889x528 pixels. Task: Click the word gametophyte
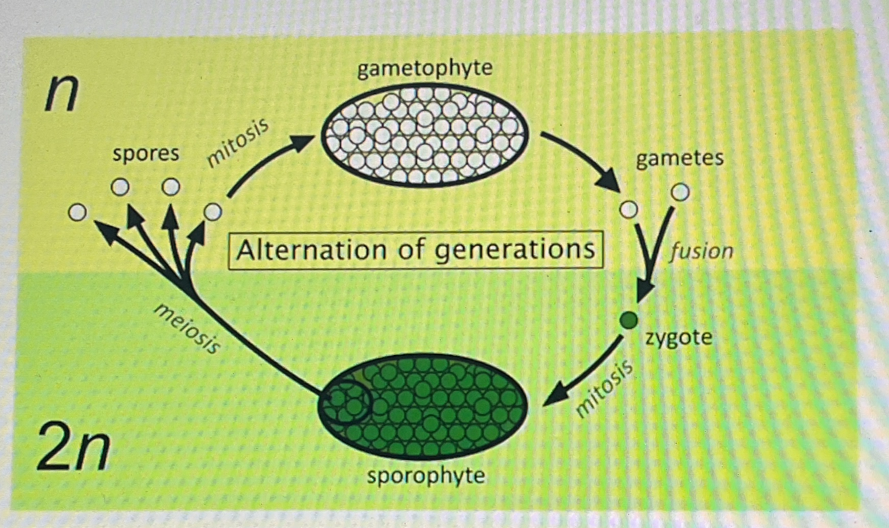point(425,69)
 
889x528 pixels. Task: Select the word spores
point(146,154)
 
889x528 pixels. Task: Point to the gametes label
point(679,158)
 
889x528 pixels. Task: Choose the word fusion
point(701,251)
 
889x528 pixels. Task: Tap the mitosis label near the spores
point(237,143)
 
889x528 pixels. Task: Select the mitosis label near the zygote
point(604,389)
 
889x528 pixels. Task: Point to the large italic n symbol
point(61,95)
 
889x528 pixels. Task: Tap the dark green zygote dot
point(629,321)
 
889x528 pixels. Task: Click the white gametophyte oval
point(425,135)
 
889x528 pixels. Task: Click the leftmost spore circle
point(77,212)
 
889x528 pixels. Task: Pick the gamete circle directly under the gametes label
point(680,193)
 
